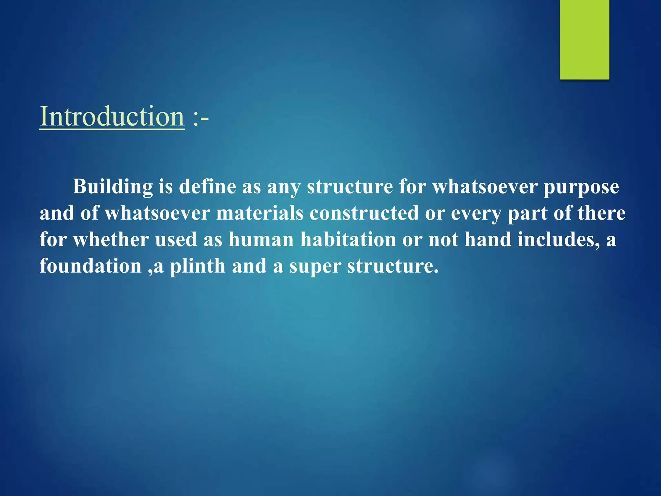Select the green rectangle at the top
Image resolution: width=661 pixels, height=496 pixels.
(584, 39)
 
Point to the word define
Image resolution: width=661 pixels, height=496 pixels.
(207, 187)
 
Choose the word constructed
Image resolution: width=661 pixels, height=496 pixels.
(364, 213)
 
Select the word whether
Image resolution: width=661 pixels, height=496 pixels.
(111, 240)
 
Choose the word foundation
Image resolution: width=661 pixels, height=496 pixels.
(91, 266)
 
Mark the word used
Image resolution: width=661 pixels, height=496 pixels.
(176, 240)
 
